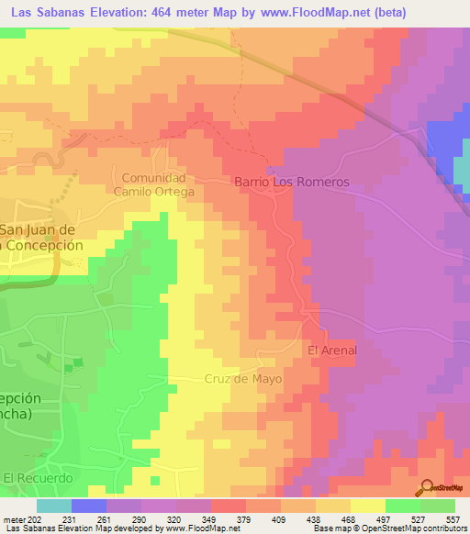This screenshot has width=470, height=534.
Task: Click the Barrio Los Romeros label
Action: [293, 183]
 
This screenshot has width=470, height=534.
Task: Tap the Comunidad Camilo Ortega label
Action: [153, 184]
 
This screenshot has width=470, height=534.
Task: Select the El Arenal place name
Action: [331, 350]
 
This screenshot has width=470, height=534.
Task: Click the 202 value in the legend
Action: [37, 518]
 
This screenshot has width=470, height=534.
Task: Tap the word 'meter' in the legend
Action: [14, 518]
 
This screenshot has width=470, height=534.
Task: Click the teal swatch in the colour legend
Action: [54, 506]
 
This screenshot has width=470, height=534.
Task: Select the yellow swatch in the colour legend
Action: [368, 506]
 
